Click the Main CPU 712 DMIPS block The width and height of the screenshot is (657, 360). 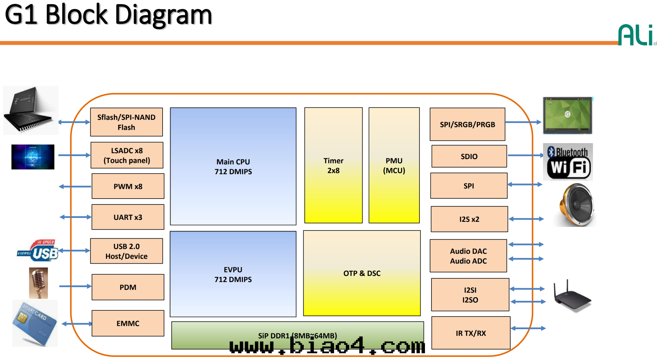point(233,166)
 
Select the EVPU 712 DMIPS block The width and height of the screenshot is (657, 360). point(233,274)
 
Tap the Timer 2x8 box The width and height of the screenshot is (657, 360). point(333,165)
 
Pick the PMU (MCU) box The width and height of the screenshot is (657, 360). point(394,165)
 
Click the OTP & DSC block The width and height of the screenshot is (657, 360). point(362,273)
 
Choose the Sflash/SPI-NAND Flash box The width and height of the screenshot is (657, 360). point(126,122)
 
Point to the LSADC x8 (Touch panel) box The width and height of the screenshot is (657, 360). point(127,155)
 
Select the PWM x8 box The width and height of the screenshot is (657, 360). point(128,186)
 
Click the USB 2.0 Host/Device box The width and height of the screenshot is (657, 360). point(126,251)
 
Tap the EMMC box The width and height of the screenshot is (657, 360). point(128,323)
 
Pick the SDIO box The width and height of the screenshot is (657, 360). point(469,156)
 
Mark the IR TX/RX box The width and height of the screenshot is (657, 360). point(471,333)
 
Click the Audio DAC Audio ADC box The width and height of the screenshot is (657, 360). point(468,256)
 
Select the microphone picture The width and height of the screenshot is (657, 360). point(39,283)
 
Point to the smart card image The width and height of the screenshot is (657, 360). point(34,323)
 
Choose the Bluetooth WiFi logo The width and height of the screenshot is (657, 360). point(568,162)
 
